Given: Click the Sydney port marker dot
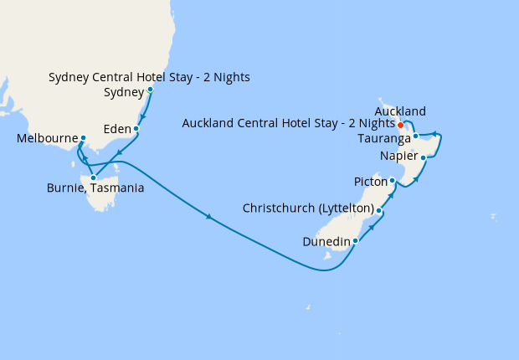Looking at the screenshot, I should (150, 90).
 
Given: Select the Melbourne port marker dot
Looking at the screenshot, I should (83, 138).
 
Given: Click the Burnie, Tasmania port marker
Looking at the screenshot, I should (93, 177).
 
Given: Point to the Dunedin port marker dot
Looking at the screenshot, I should (356, 241).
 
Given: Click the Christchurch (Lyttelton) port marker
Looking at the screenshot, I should (379, 211).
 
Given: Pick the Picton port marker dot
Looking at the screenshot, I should (393, 180).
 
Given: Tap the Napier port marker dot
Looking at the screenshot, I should (423, 157).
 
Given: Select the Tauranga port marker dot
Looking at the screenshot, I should (415, 136).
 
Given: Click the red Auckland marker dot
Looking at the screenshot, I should (401, 126).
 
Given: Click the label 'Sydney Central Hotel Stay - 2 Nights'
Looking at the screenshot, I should (149, 78).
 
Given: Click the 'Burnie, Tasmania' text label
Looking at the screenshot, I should (95, 188).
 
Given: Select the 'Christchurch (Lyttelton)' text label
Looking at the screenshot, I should (307, 208).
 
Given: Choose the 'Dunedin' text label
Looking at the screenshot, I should (326, 242).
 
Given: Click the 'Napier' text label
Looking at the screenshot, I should (398, 157).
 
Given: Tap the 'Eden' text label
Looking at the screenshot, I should (116, 130).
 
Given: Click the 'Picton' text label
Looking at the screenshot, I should (369, 181).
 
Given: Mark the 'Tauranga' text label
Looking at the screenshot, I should (383, 137).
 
